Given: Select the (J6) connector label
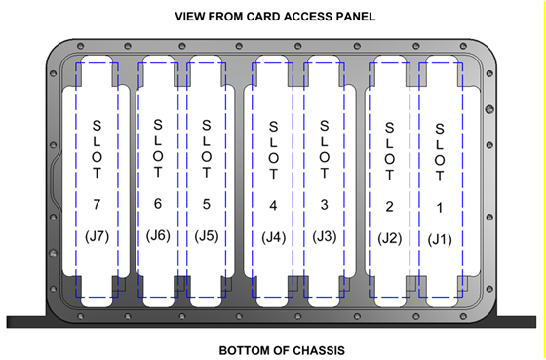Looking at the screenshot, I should [x=158, y=235].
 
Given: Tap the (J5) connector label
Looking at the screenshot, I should [x=206, y=235].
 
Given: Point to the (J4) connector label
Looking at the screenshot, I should [x=274, y=237].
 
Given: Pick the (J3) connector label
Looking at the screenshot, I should [x=325, y=237].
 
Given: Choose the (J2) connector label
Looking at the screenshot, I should [x=390, y=238].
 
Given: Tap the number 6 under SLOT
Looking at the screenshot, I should [x=158, y=203].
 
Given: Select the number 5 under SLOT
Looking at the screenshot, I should [x=206, y=203].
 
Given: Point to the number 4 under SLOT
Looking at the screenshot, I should [x=274, y=205].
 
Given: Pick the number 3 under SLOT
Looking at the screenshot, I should [x=325, y=205].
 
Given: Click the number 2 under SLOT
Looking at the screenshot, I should [x=390, y=207].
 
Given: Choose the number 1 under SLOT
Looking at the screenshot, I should [x=440, y=208].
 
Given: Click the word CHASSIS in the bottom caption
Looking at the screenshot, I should [x=316, y=349].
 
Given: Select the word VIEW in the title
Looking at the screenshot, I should [x=190, y=17].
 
